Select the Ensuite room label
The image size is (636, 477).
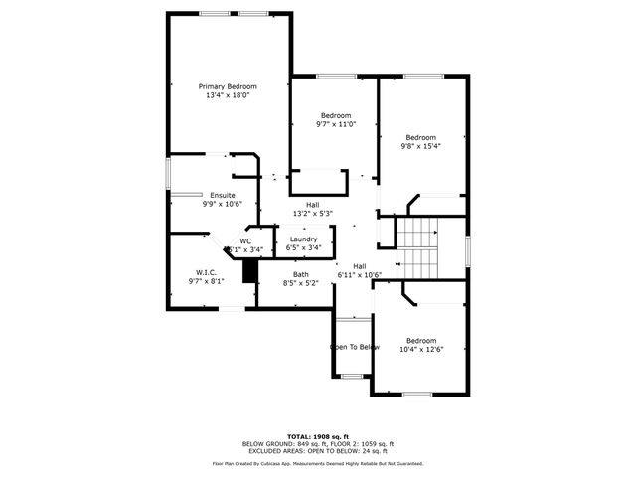[x=222, y=195]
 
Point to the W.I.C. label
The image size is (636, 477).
[x=206, y=272]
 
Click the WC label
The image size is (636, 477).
[x=245, y=240]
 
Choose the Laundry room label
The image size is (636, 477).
[x=303, y=239]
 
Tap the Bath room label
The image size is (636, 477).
[x=300, y=274]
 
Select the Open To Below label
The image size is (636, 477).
[x=355, y=347]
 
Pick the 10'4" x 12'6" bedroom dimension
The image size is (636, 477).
[x=420, y=350]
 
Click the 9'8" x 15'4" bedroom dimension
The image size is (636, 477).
[x=420, y=146]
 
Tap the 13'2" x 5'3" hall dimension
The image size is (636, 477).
[x=312, y=214]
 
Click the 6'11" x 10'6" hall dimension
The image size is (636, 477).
[x=360, y=275]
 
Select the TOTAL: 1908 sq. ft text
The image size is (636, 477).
[x=318, y=436]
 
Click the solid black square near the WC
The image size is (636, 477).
[x=250, y=270]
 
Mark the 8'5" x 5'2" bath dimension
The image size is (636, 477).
[x=300, y=283]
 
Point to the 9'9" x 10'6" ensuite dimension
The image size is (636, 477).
[x=222, y=204]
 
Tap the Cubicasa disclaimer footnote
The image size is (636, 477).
[x=318, y=463]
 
